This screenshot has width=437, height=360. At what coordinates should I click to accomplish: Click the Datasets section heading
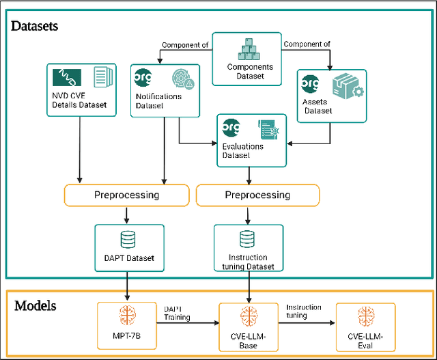pos(35,27)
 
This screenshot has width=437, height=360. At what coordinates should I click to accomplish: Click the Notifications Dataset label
pos(158,101)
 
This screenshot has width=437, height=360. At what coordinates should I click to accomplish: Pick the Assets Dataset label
pos(318,106)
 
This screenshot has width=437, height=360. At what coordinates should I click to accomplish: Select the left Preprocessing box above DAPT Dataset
pos(126,195)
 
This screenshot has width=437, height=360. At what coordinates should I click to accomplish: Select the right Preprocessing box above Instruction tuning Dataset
pos(257,195)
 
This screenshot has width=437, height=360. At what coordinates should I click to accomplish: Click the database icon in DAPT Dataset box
pos(128,239)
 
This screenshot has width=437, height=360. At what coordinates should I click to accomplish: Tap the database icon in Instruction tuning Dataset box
pos(247,239)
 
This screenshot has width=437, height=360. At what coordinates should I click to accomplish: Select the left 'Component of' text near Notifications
pos(184,45)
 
